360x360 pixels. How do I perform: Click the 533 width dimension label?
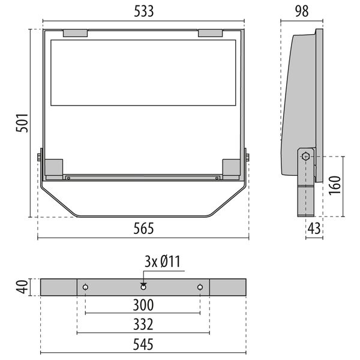[143, 10]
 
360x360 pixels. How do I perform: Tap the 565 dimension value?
[143, 229]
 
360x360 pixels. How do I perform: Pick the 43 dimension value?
[314, 229]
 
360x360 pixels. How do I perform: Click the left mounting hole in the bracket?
[86, 287]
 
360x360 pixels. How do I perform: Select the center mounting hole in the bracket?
[143, 287]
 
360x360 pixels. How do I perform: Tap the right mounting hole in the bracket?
[200, 287]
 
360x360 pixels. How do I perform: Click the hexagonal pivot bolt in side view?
[306, 157]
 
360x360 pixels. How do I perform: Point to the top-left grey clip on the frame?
[75, 33]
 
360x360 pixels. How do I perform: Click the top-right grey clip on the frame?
[211, 33]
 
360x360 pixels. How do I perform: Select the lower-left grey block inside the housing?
[54, 167]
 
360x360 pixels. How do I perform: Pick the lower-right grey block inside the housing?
[231, 167]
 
